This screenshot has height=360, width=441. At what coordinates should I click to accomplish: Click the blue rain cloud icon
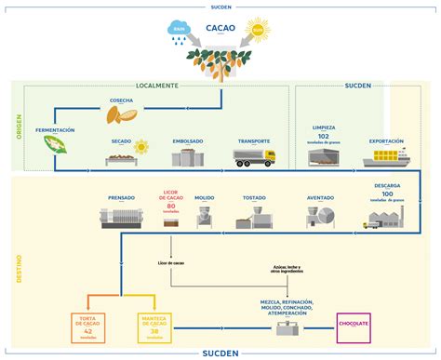coord(180,32)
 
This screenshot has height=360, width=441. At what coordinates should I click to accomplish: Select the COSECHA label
coord(121,100)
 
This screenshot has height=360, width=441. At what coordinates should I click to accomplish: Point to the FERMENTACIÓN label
coord(54,129)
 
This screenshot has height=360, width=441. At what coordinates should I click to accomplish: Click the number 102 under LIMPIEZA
coord(324,135)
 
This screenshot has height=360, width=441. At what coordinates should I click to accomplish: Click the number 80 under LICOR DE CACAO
coord(171,205)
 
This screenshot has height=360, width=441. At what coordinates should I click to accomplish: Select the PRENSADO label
coord(121,197)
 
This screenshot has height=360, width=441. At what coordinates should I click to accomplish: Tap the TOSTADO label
coord(254,197)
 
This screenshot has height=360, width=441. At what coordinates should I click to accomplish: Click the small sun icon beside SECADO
coord(142,146)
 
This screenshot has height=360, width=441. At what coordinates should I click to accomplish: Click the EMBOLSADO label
coord(187,141)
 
